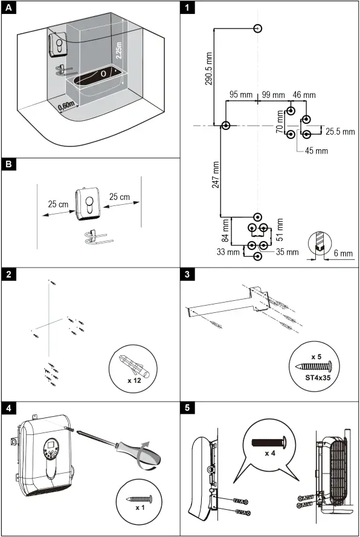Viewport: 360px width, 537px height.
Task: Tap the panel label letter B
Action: click(x=8, y=165)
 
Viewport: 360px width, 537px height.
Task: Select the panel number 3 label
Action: click(x=189, y=274)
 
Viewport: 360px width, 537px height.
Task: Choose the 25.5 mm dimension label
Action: click(x=340, y=132)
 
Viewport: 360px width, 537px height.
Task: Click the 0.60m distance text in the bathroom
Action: click(x=67, y=107)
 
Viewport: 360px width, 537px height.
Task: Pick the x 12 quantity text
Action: click(x=134, y=381)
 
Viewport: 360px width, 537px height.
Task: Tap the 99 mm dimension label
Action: click(x=273, y=95)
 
